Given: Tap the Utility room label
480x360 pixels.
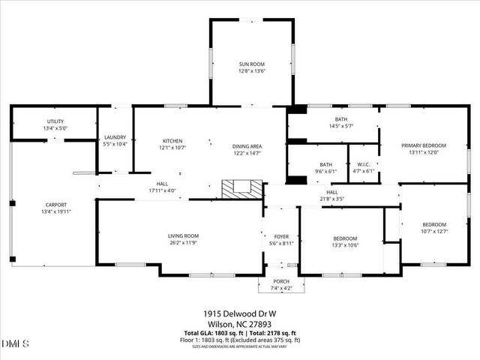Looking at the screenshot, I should click(x=55, y=121).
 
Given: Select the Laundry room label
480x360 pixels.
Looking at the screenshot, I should click(x=115, y=137).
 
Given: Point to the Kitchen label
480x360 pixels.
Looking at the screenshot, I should click(x=172, y=141).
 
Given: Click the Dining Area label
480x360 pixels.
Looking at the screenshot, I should click(x=247, y=146).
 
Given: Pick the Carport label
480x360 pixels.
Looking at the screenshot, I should click(x=56, y=205).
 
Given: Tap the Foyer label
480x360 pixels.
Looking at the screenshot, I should click(x=281, y=236).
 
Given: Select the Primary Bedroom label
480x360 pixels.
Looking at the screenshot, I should click(x=424, y=145).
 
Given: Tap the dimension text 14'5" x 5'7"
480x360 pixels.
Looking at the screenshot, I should click(x=341, y=127).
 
